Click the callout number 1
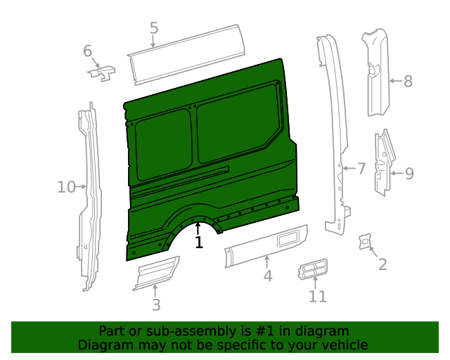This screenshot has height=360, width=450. tap(199, 243)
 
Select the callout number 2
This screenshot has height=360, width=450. tap(382, 264)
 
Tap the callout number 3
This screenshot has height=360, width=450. tap(156, 304)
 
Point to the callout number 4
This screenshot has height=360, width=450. tap(268, 276)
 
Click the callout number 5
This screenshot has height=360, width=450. tap(154, 29)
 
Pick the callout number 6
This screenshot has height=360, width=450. tap(88, 51)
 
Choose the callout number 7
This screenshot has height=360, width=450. tap(361, 168)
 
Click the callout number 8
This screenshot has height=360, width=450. tap(408, 81)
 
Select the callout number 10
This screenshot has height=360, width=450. tap(66, 186)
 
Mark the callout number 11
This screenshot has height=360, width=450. tap(318, 296)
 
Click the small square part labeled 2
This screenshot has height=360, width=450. tap(365, 240)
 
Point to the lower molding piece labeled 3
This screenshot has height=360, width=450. tap(156, 273)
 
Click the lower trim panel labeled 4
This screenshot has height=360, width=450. tap(267, 245)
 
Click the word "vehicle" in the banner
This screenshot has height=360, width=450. tap(342, 345)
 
